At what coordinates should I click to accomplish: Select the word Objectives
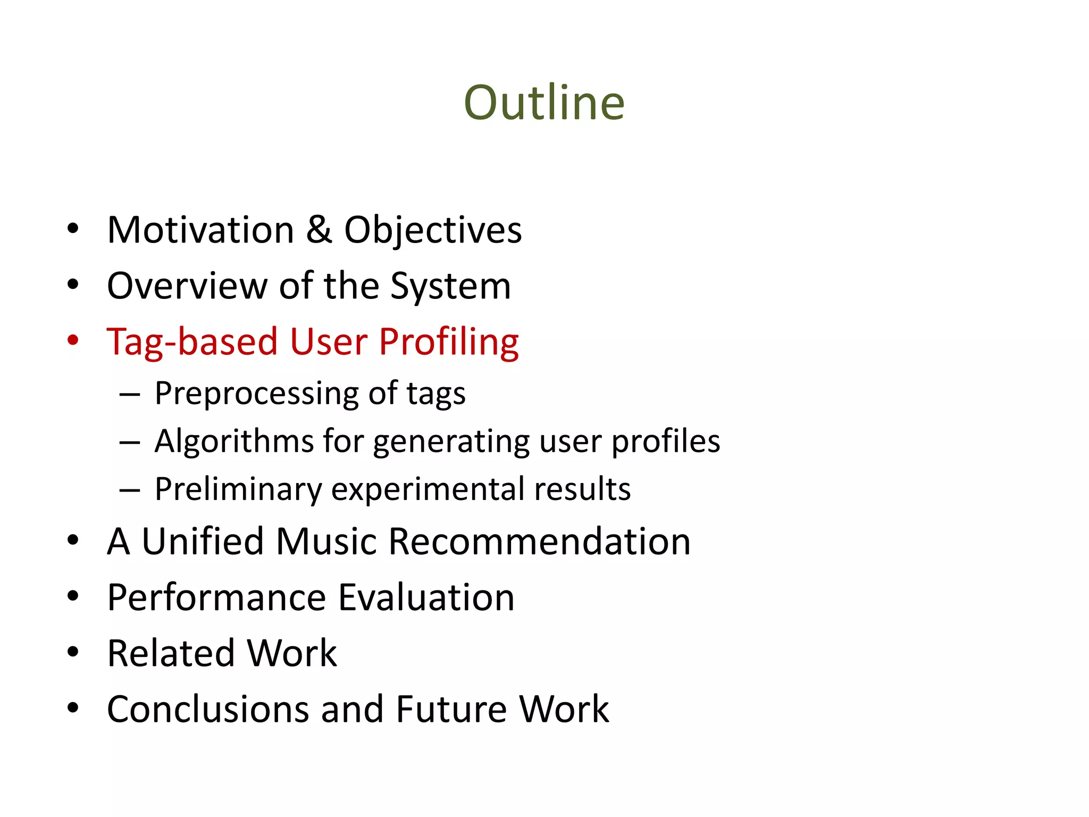coord(433,231)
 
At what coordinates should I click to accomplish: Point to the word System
coord(450,287)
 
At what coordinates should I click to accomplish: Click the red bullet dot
coord(73,340)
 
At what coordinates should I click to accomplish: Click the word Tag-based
coord(192,342)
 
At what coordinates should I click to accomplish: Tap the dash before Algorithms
coord(130,442)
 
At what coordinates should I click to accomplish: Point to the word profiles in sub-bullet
coord(665,441)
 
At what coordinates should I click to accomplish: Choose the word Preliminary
coord(238,489)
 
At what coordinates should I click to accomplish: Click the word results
coord(582,489)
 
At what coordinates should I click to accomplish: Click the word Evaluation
coord(426,597)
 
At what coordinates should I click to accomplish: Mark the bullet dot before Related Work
coord(73,652)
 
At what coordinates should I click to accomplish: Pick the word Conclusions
coord(208,709)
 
